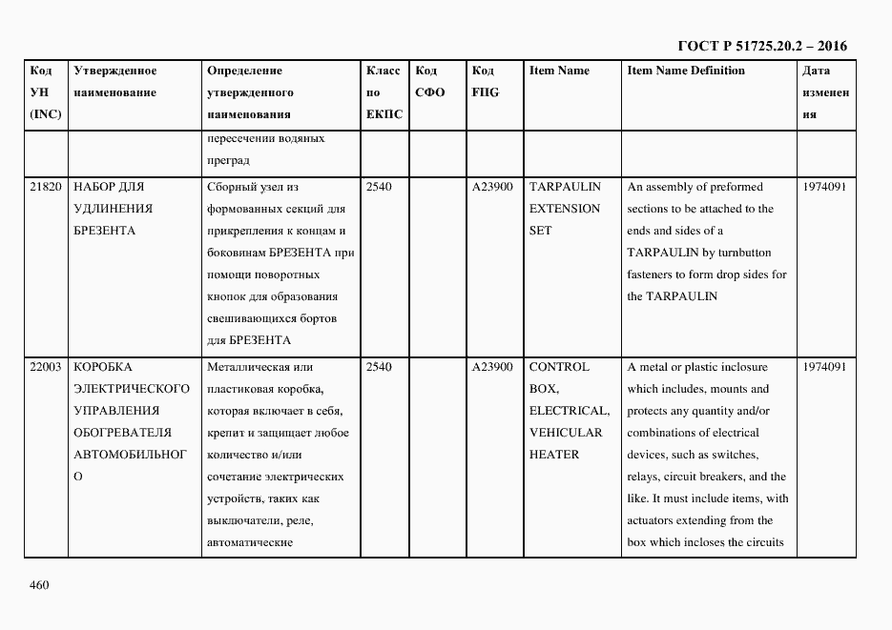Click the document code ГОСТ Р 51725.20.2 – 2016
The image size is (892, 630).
coord(761,46)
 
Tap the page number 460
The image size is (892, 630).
coord(39,584)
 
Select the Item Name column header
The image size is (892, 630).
coord(559,71)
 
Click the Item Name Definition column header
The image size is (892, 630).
coord(686,71)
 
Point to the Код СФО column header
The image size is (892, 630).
coord(430,82)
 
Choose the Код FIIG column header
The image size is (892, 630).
coord(485,82)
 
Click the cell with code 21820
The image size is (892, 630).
coord(46,187)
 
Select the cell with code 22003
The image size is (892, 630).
coord(46,367)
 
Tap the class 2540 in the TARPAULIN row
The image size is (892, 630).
coord(379,187)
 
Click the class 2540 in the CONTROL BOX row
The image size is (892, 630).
coord(379,367)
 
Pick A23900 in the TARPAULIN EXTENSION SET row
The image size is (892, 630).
coord(492,187)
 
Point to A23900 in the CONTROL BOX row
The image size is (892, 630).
coord(492,367)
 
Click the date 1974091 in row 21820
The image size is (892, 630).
coord(824,187)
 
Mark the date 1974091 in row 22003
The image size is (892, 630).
coord(824,367)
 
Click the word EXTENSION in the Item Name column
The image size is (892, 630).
coord(565,209)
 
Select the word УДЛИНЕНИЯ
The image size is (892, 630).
coord(114,209)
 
